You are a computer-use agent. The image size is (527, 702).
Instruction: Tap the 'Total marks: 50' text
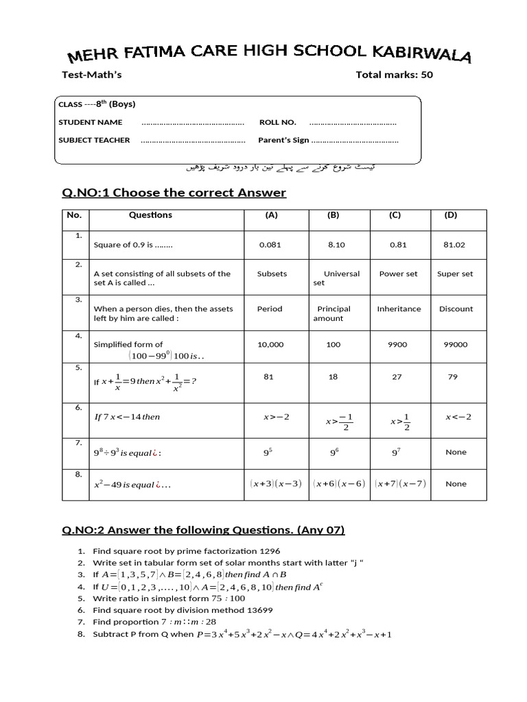pyautogui.click(x=394, y=75)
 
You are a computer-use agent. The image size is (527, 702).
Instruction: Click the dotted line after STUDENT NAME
pyautogui.click(x=193, y=123)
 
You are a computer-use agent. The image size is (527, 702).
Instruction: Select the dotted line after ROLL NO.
pyautogui.click(x=352, y=123)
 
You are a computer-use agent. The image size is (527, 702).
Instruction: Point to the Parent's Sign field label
pyautogui.click(x=283, y=140)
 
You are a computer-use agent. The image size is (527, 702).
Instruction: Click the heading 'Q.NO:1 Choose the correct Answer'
pyautogui.click(x=174, y=193)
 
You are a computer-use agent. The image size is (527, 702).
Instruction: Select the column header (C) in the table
pyautogui.click(x=395, y=215)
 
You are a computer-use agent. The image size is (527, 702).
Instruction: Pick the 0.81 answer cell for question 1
pyautogui.click(x=398, y=245)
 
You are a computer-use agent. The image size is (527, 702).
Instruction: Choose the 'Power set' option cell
pyautogui.click(x=398, y=274)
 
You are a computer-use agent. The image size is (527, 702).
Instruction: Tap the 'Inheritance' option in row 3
pyautogui.click(x=399, y=308)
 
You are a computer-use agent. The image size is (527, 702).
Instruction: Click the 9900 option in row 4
pyautogui.click(x=397, y=345)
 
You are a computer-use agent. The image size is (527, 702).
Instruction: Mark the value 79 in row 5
pyautogui.click(x=452, y=376)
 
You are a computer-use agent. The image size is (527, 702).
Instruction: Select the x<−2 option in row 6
pyautogui.click(x=458, y=416)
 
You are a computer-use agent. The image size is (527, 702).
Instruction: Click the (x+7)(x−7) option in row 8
pyautogui.click(x=401, y=483)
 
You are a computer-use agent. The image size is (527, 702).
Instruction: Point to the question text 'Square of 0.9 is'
pyautogui.click(x=133, y=245)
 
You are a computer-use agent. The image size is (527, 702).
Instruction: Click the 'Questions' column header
pyautogui.click(x=150, y=215)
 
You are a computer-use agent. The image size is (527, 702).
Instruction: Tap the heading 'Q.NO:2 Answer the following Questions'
pyautogui.click(x=203, y=529)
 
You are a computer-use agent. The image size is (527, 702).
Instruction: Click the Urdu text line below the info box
pyautogui.click(x=281, y=167)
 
